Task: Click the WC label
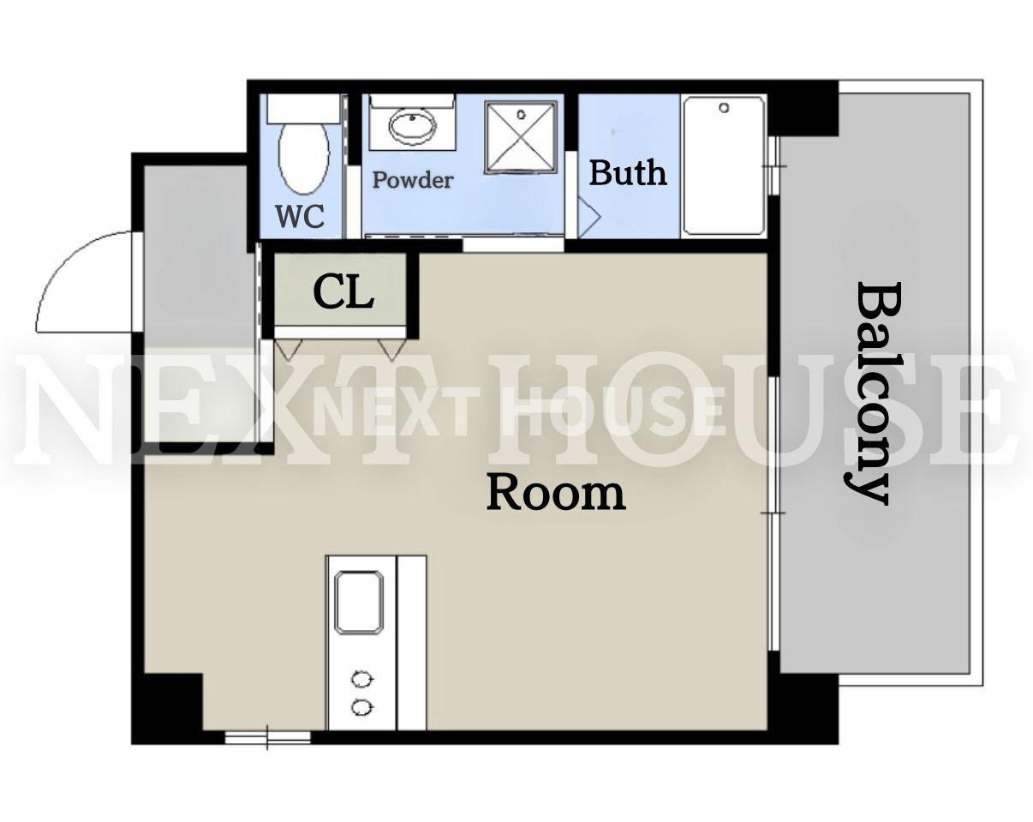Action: (x=300, y=216)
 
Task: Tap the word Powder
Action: (x=413, y=180)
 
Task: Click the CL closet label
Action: (x=343, y=292)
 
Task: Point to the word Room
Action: (x=557, y=493)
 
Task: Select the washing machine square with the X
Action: (x=521, y=136)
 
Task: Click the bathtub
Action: (x=724, y=165)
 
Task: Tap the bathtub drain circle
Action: (x=725, y=108)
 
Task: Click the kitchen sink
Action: (x=359, y=603)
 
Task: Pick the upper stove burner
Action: (x=362, y=680)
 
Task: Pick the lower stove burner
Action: (x=362, y=706)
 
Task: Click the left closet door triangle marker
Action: (x=289, y=350)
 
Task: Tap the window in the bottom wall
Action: (x=268, y=736)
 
